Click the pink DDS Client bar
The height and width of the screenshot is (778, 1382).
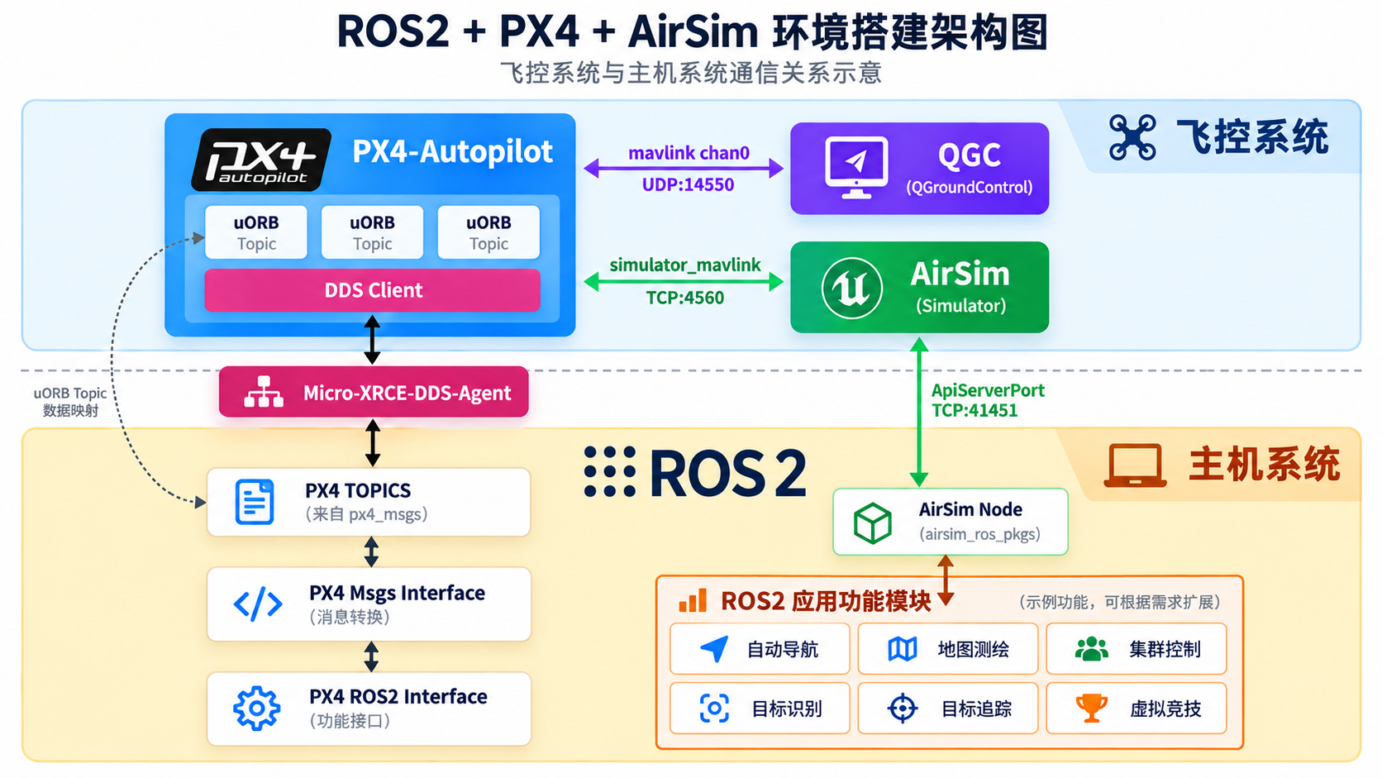373,290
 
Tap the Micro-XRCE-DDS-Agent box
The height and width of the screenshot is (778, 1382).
374,393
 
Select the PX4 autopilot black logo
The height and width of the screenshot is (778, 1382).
261,160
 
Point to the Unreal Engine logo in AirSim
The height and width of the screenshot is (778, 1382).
852,288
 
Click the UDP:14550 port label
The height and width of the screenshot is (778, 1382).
688,184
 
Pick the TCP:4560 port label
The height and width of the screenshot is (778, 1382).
685,298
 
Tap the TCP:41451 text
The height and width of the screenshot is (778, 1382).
975,410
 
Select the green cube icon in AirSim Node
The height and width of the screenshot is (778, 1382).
872,523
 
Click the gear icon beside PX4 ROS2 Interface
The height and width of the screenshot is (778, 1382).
257,709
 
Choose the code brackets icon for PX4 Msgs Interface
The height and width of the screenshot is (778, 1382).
258,604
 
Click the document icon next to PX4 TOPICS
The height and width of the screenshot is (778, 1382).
255,502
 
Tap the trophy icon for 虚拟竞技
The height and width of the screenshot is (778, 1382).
1091,709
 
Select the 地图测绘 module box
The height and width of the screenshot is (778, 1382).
948,649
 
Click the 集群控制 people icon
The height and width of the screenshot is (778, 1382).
1091,649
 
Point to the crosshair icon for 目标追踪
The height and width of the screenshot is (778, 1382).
902,709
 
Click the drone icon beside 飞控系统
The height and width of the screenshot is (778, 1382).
1132,137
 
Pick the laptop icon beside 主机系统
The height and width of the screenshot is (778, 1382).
1135,465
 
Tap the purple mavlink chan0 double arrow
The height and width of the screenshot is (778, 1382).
684,168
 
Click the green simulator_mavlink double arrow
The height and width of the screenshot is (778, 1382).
684,282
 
